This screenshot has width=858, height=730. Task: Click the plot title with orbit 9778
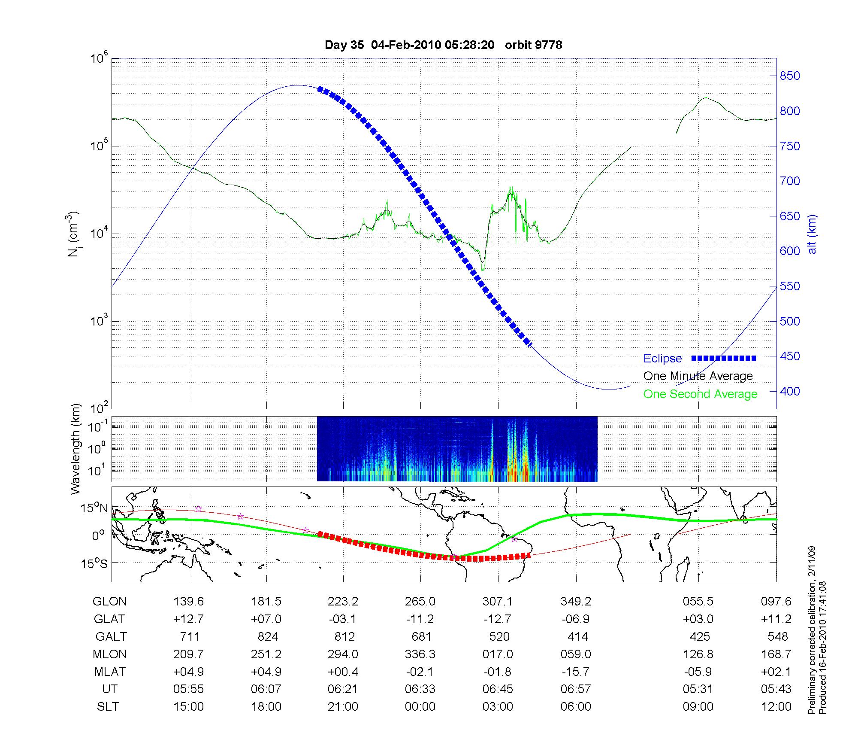443,45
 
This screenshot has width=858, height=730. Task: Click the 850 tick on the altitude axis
790,76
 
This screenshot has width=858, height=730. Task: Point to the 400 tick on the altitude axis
790,391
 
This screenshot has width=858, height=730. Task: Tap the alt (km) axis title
812,234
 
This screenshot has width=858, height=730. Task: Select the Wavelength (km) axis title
76,449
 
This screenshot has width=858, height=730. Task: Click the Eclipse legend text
662,359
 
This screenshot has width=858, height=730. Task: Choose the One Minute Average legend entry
698,376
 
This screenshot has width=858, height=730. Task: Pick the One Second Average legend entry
700,394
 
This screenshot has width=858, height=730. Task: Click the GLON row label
109,602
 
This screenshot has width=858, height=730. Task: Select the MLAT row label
109,672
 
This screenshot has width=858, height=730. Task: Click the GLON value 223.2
343,602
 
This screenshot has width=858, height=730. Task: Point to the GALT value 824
268,636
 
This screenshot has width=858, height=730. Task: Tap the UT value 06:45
498,689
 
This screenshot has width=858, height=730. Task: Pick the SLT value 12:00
776,706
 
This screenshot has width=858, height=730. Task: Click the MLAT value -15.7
576,672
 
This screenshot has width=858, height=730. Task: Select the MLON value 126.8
698,654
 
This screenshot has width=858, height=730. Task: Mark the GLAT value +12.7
188,619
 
